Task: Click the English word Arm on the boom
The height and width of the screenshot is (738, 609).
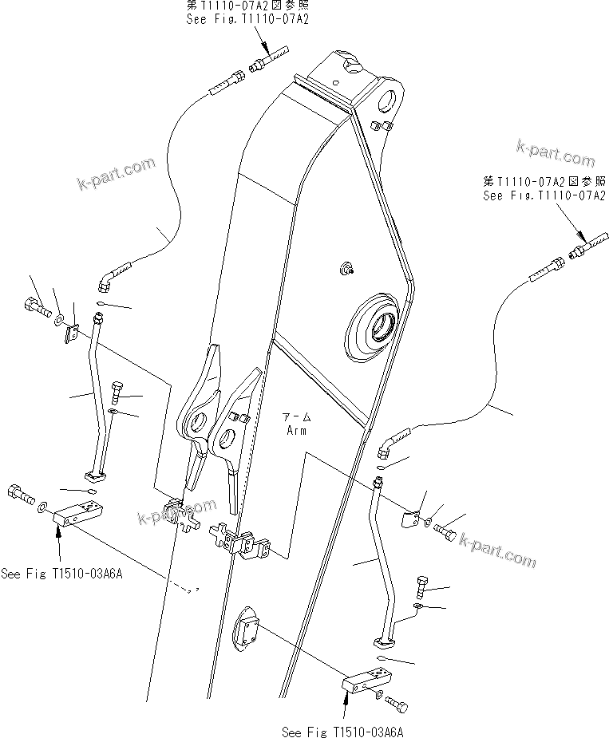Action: [297, 430]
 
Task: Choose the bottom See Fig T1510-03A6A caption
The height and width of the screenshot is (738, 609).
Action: [347, 731]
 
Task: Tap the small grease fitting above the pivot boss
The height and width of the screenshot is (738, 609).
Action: [348, 269]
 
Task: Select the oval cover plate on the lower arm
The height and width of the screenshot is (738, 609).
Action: [247, 636]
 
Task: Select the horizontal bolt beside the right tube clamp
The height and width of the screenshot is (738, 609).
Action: [445, 534]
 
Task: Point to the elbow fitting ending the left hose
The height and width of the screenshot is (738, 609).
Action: [110, 276]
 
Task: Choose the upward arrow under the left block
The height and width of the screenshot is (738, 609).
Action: [57, 547]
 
